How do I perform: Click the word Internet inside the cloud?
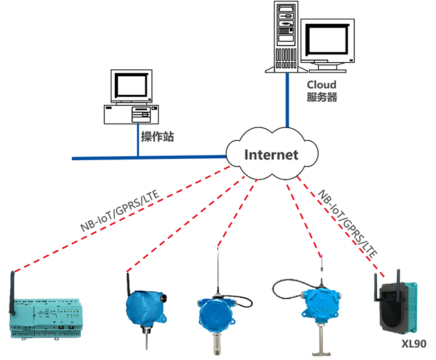(x=271, y=154)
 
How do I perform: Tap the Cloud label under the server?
(x=321, y=85)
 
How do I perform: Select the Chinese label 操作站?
(x=157, y=136)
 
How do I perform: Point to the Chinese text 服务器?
(x=321, y=98)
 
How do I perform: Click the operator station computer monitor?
(x=132, y=86)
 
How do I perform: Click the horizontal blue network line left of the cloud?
(x=147, y=157)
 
